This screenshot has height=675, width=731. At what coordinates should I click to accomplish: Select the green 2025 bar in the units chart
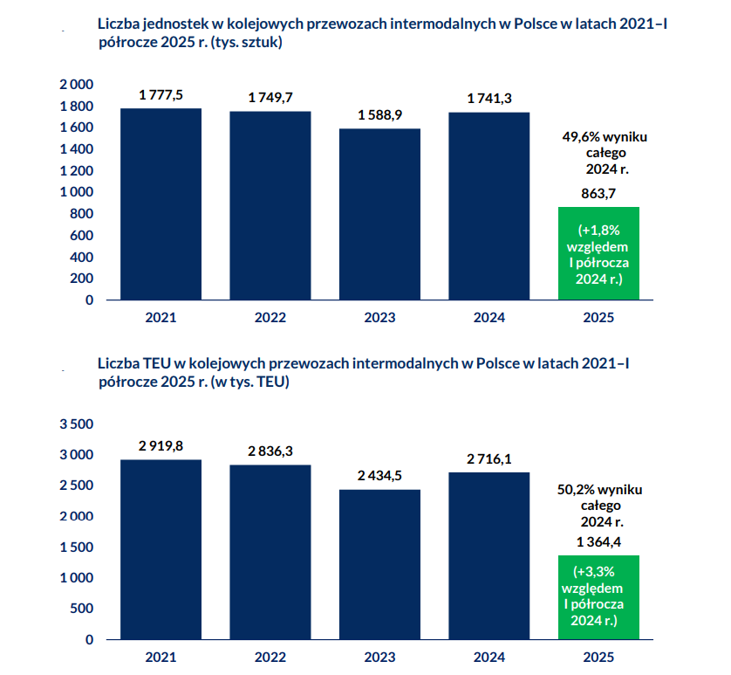[599, 253]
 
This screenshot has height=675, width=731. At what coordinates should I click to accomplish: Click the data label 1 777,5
[161, 95]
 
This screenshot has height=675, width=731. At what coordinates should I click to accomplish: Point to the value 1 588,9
[379, 115]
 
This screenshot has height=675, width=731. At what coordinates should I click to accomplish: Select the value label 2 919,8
[161, 446]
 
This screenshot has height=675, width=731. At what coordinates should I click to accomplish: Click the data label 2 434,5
[379, 476]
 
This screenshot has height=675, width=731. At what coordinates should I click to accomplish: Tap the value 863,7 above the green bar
[598, 194]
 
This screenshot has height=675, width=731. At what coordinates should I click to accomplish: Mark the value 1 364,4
[598, 542]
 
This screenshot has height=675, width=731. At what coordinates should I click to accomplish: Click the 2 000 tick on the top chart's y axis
[76, 85]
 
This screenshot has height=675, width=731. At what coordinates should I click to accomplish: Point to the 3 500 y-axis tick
[76, 424]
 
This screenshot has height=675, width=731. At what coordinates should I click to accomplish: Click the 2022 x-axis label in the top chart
[270, 318]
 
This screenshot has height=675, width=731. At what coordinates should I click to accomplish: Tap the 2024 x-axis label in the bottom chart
[489, 658]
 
